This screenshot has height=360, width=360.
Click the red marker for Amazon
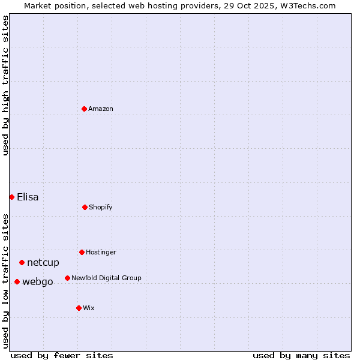[84, 109]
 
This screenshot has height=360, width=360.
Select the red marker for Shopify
[85, 207]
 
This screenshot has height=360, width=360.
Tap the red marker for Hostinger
[82, 252]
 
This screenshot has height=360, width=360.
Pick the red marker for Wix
[79, 308]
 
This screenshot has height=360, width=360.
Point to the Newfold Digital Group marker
[67, 278]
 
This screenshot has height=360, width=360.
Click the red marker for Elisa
[11, 197]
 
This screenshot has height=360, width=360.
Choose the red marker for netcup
[22, 262]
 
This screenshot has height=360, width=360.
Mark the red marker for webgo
[17, 281]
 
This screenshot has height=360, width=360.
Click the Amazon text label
[101, 109]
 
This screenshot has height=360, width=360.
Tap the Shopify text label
[101, 207]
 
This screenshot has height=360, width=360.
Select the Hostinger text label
[101, 252]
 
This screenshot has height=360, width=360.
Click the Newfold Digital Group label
[106, 278]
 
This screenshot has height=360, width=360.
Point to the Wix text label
[89, 308]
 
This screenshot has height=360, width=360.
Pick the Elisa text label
[28, 197]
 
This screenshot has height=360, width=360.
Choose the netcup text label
[43, 262]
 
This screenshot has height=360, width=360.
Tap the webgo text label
[38, 281]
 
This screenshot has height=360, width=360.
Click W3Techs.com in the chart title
[306, 5]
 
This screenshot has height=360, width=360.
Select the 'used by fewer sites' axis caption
[62, 355]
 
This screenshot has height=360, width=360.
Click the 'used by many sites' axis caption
[301, 355]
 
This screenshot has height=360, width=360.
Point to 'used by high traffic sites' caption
[5, 85]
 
